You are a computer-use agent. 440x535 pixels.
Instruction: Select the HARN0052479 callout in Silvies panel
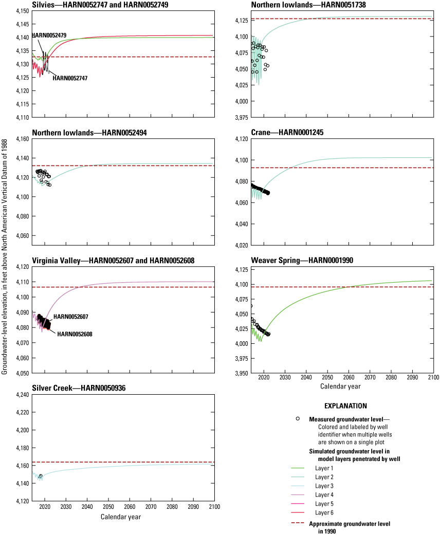(x=52, y=35)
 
